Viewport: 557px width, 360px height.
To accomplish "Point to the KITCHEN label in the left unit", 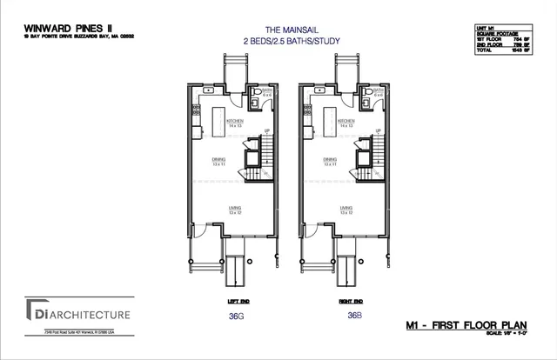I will click(x=235, y=120).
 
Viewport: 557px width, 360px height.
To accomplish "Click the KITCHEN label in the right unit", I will click(x=346, y=120).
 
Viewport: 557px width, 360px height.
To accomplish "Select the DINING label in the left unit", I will click(x=231, y=159).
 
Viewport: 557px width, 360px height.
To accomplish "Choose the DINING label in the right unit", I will click(x=330, y=159).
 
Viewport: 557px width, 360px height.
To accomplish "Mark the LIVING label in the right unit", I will click(x=346, y=208).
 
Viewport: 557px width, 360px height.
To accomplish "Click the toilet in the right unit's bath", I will click(x=370, y=91).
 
